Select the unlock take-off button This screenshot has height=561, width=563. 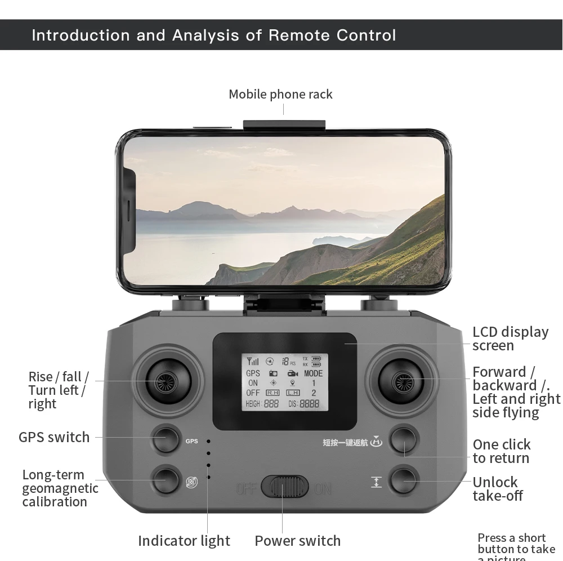404,480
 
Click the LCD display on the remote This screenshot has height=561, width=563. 284,382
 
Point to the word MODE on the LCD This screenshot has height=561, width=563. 313,373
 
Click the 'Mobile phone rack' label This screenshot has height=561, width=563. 280,94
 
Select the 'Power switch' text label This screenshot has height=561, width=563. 297,541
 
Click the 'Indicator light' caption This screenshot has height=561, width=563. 184,541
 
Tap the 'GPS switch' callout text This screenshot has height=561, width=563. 54,437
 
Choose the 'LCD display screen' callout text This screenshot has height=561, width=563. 510,339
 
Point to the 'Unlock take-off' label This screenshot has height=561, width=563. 497,489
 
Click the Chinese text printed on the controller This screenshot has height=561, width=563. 345,442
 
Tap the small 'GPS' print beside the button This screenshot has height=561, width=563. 191,441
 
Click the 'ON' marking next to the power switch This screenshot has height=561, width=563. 323,488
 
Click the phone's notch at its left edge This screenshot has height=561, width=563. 129,211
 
